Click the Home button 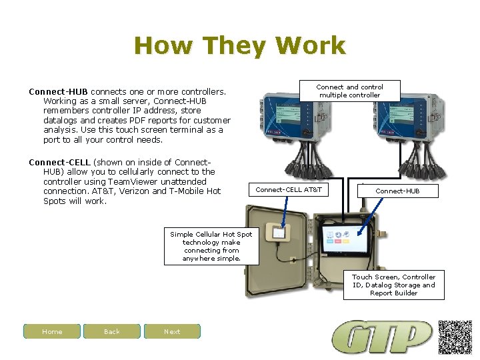click(52, 331)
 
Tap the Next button click(172, 331)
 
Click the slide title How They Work click(239, 46)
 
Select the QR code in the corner click(455, 337)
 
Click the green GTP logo click(383, 337)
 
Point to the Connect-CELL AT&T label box click(289, 190)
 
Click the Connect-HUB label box click(397, 191)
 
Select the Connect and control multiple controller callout click(349, 91)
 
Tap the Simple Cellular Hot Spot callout click(211, 247)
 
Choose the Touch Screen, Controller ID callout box click(394, 285)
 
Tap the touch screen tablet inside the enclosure click(345, 239)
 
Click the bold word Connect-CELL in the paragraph click(59, 162)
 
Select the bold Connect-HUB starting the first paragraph click(59, 91)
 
